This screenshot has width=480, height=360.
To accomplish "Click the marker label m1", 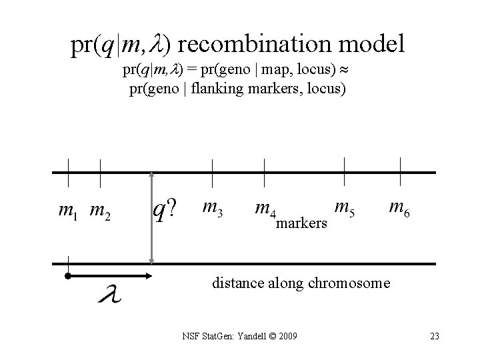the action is pos(67,212).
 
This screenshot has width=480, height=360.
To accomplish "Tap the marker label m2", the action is pos(100,212).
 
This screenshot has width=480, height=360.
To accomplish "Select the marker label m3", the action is pos(212,209).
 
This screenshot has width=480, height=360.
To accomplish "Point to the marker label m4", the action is pos(265,209).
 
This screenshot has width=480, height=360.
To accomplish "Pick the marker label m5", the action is pos(344,209).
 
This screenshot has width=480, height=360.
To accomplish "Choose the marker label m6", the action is pos(399,209).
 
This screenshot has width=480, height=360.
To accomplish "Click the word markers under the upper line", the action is pos(301,223).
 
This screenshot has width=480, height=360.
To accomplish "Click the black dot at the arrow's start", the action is pos(67,275).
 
